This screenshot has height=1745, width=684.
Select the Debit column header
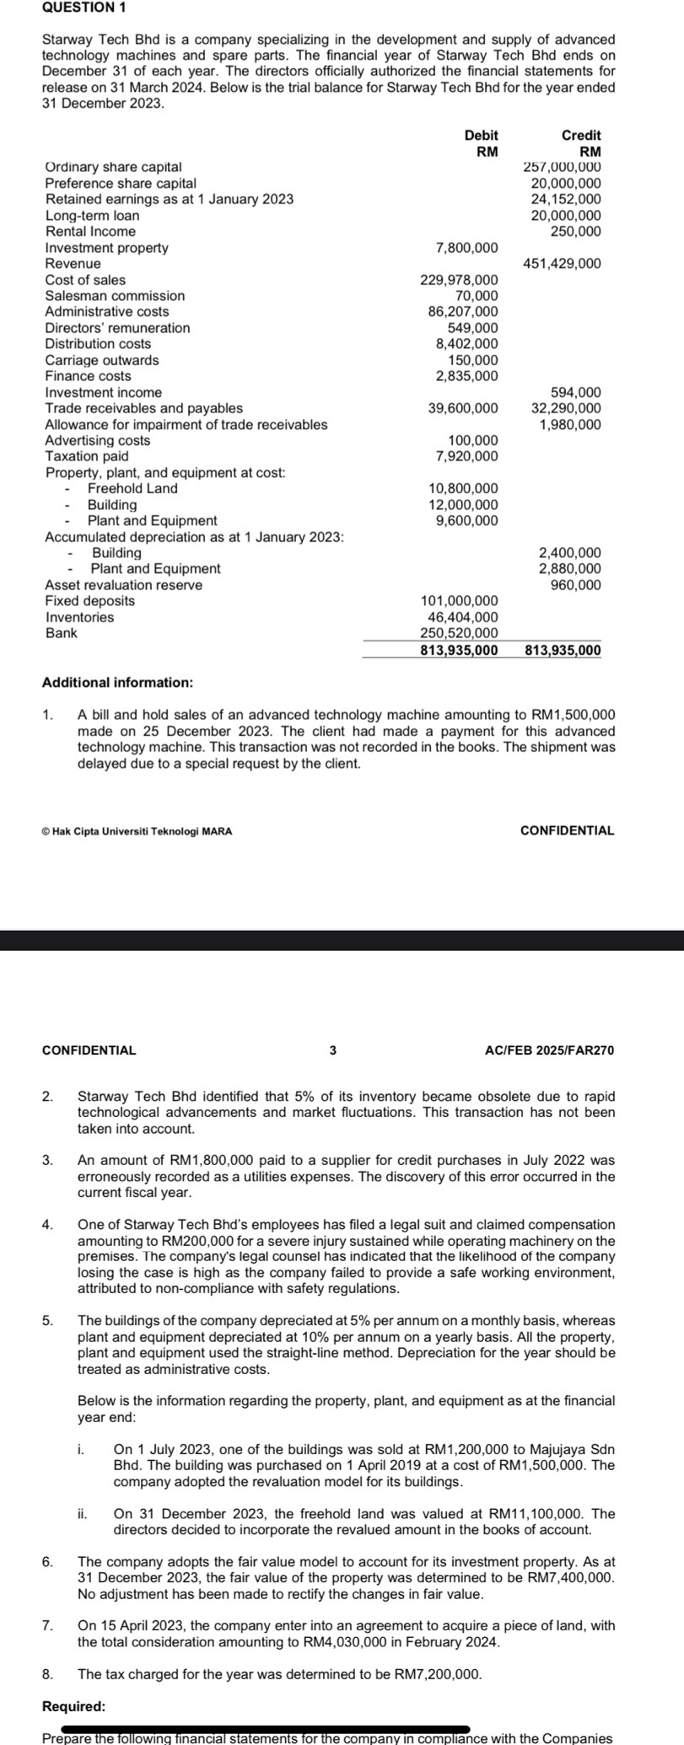click(x=481, y=136)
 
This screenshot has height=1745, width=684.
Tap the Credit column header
click(x=581, y=136)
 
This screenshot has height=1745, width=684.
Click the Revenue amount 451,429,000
click(x=562, y=264)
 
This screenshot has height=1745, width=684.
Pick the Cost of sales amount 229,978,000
click(x=459, y=280)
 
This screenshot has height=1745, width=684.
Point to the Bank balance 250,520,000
click(x=459, y=633)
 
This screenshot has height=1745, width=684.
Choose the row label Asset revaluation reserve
click(x=123, y=585)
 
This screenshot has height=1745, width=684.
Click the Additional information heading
click(x=117, y=682)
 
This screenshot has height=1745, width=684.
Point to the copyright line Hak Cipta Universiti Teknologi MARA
click(x=137, y=831)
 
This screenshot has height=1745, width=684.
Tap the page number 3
click(x=332, y=1050)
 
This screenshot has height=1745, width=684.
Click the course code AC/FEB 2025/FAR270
click(x=550, y=1050)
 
